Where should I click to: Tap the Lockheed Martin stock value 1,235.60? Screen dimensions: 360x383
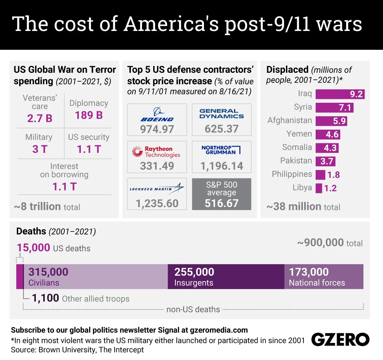point(157,203)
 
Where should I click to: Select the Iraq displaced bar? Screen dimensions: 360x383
point(340,94)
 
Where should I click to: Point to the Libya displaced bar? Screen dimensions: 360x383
point(319,188)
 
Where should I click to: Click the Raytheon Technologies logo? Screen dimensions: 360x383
point(156,152)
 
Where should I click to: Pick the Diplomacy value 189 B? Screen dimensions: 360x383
point(89,115)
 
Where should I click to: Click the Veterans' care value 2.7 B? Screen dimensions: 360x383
point(40,118)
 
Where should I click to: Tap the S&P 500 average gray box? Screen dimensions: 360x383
point(222,194)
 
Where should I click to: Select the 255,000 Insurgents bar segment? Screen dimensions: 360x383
point(226,277)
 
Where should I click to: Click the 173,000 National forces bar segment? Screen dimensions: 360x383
point(324,277)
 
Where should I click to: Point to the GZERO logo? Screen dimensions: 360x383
point(340,340)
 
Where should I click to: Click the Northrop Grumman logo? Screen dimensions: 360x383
point(221,150)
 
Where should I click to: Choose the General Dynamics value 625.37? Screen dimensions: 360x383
point(222,129)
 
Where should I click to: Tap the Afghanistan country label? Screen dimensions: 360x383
point(289,120)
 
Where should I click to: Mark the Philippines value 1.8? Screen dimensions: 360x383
point(334,175)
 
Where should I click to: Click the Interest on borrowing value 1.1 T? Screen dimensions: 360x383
point(64,186)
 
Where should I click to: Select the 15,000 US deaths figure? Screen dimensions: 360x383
point(34,248)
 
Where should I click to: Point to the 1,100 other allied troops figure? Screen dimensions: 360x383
point(45,298)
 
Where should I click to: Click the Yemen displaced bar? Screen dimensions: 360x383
point(328,134)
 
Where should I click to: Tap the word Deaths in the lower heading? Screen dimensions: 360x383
point(31,231)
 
